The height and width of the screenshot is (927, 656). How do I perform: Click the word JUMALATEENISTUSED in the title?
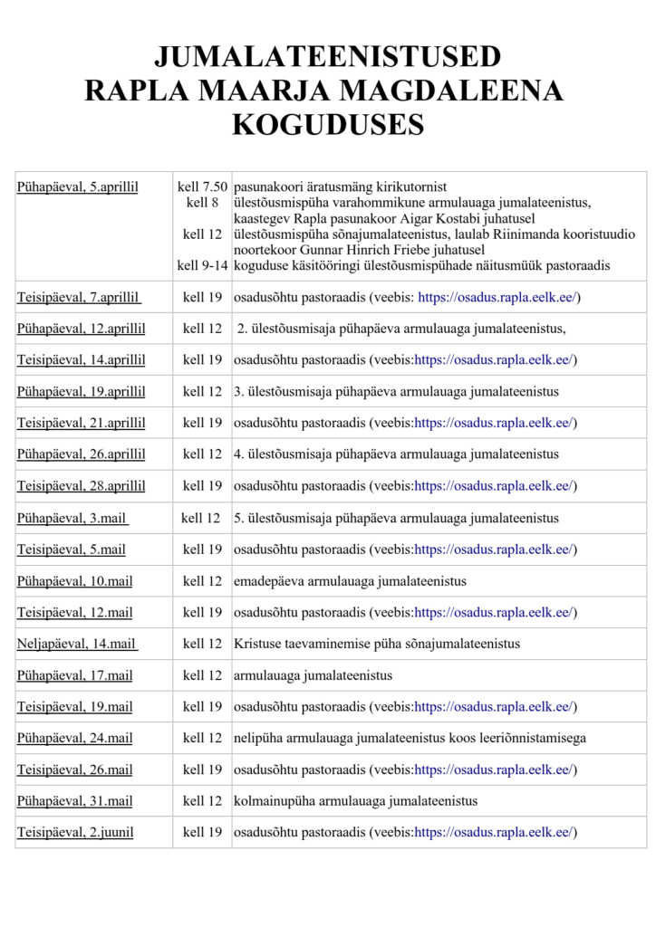point(327,57)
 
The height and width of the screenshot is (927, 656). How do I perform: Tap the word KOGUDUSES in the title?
point(327,124)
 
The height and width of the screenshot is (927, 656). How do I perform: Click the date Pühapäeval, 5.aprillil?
point(77,187)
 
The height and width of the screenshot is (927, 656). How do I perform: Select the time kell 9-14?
point(202,265)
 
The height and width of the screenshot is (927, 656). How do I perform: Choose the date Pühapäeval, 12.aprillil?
point(81,329)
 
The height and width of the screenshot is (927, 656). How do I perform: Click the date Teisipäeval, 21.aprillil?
point(81,423)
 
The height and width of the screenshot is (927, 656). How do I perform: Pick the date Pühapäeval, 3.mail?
point(72,519)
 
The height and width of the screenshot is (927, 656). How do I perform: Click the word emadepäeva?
point(267,581)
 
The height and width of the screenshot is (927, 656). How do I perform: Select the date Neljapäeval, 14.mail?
point(76,644)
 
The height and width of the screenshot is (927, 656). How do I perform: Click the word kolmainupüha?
point(273,801)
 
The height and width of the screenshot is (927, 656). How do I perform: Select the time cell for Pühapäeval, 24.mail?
point(202,738)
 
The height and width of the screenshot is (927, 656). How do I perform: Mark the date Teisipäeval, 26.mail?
point(74,769)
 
